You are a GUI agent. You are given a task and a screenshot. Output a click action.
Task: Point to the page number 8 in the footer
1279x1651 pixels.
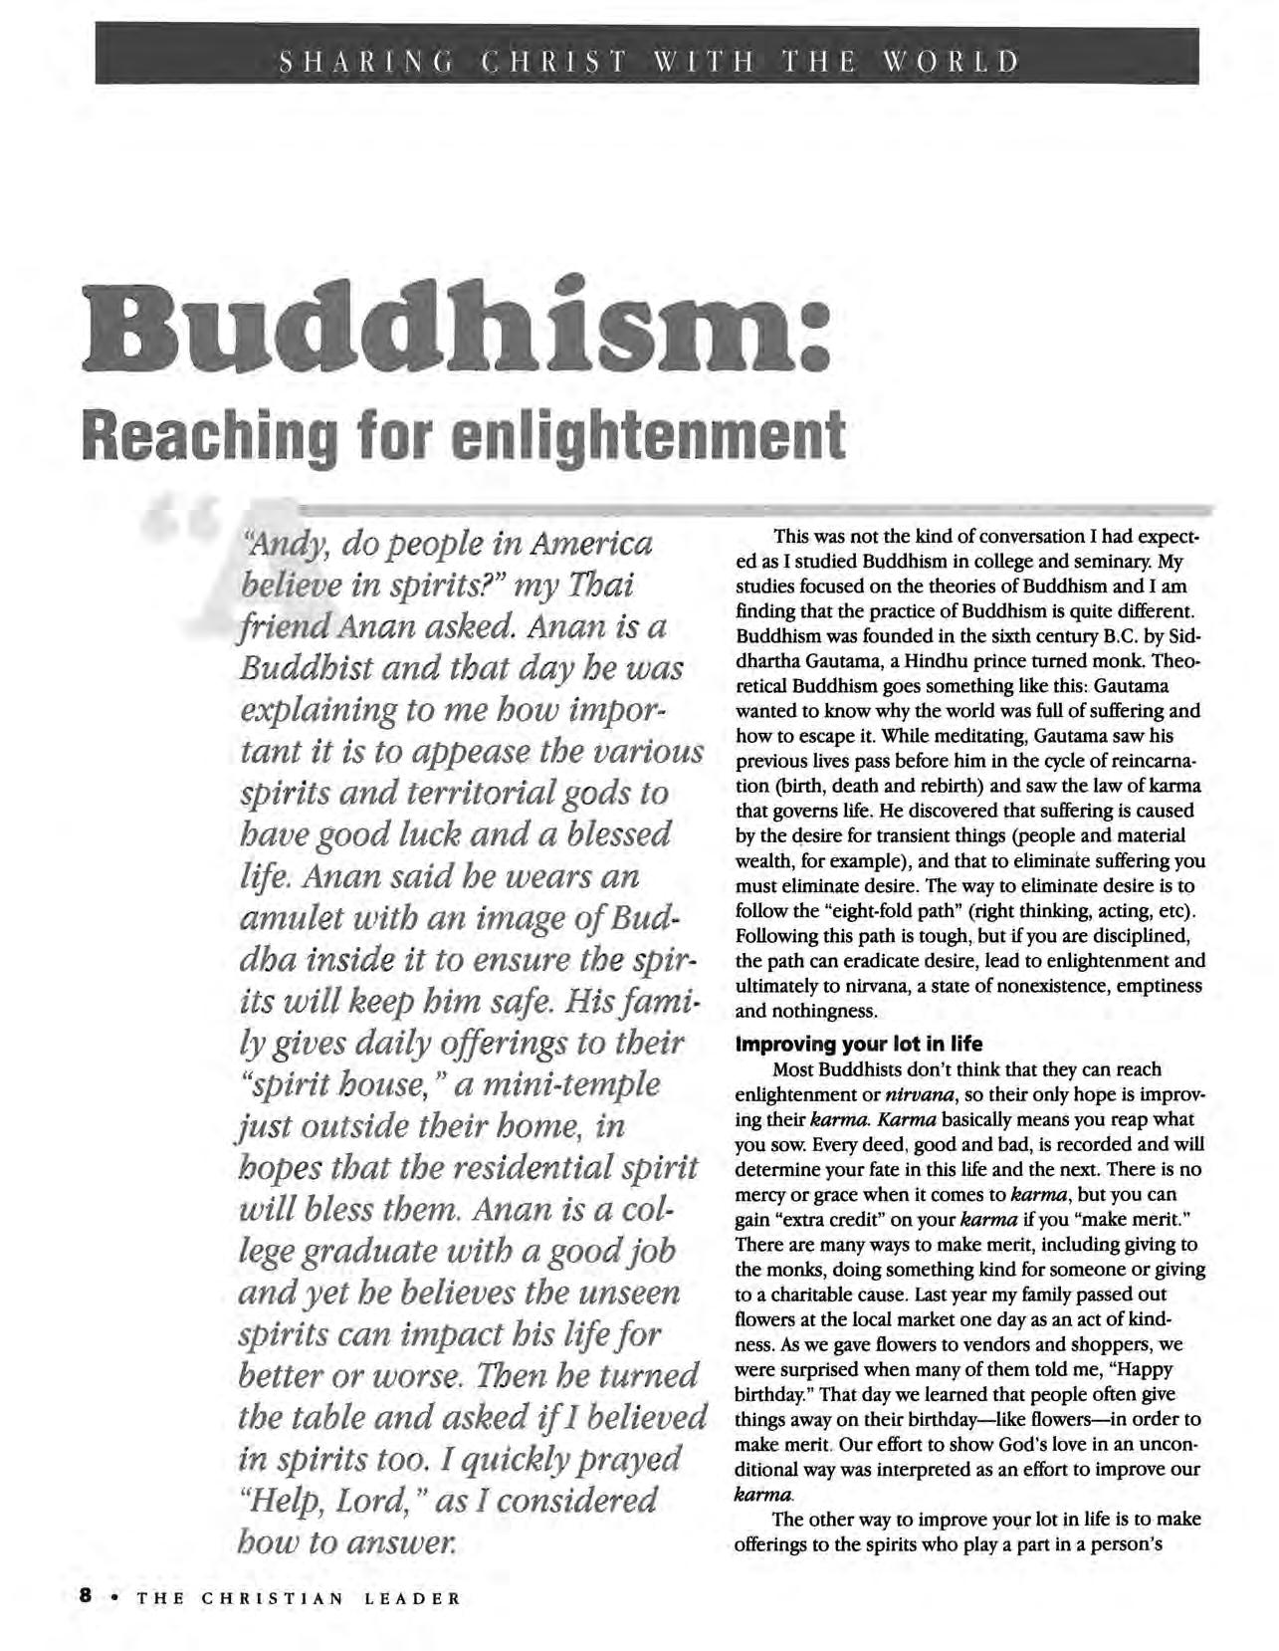click(86, 1596)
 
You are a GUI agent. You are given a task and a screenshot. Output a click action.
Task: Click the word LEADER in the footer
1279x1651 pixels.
click(412, 1598)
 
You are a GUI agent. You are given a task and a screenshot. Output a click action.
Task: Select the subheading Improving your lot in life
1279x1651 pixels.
click(859, 1044)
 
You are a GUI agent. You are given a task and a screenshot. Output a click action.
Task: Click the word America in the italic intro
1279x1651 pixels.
click(591, 544)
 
